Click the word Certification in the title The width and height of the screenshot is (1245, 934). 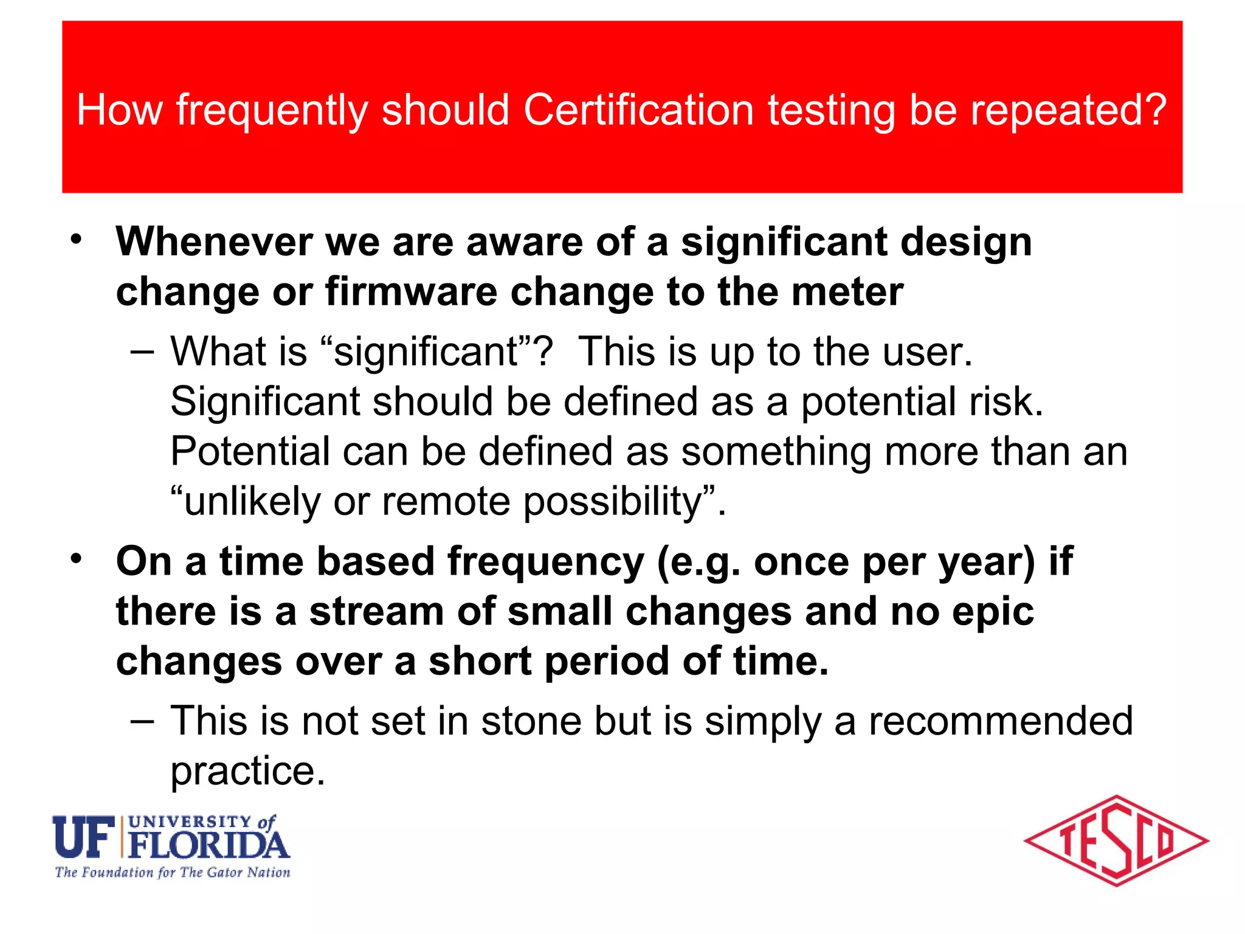click(x=638, y=110)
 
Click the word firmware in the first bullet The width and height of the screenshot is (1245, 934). click(x=411, y=292)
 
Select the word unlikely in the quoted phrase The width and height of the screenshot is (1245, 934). click(x=252, y=502)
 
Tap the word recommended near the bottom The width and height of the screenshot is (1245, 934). click(x=1001, y=721)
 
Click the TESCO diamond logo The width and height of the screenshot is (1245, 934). click(x=1116, y=841)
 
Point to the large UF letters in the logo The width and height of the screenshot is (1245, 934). click(x=84, y=837)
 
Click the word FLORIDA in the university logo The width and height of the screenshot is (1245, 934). click(x=209, y=845)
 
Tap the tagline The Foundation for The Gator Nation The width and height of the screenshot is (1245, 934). click(x=173, y=873)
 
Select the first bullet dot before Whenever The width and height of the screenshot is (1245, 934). click(x=75, y=240)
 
